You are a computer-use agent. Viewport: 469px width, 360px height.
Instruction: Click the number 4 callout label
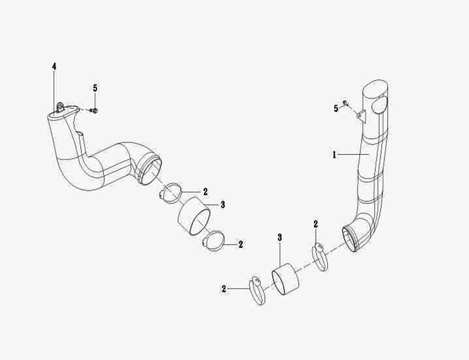(x=54, y=67)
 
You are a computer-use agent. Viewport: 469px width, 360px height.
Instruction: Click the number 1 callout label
(x=334, y=155)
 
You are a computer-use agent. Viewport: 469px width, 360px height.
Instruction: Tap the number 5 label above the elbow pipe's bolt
(x=95, y=88)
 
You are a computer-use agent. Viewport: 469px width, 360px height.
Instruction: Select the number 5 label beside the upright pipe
(x=336, y=109)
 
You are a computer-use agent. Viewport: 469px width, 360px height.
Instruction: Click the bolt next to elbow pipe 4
(x=94, y=110)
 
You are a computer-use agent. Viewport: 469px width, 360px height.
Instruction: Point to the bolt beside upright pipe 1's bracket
(x=346, y=103)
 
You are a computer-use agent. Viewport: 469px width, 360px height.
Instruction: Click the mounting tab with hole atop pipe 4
(x=60, y=107)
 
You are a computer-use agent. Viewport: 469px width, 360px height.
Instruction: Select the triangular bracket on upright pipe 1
(x=361, y=116)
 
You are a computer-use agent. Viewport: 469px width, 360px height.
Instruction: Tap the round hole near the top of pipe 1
(x=380, y=106)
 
